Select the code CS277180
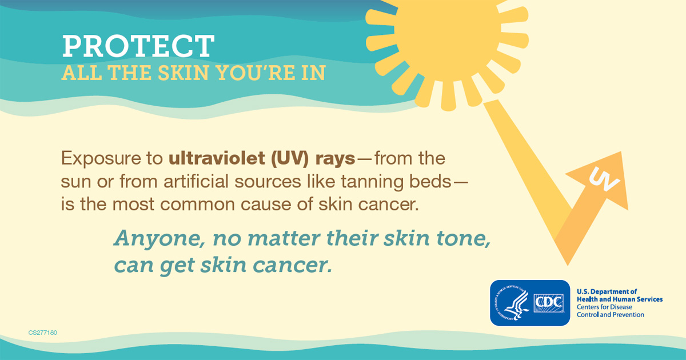pyautogui.click(x=43, y=332)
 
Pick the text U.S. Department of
pyautogui.click(x=607, y=291)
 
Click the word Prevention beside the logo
pyautogui.click(x=625, y=315)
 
